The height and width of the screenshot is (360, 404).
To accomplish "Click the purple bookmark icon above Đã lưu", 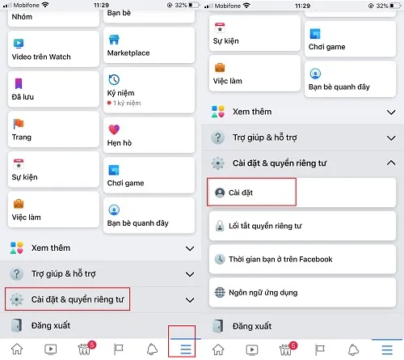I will (19, 83).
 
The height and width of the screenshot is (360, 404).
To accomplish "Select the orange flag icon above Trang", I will (19, 124).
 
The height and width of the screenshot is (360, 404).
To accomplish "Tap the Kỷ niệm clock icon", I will (114, 80).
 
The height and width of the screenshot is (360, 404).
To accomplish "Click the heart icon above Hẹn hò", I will (114, 129).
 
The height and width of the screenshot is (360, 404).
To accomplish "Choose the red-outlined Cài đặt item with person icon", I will (252, 193).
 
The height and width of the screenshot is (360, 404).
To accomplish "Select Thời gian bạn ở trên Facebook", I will (280, 259).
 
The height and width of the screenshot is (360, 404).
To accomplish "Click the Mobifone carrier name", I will (23, 5).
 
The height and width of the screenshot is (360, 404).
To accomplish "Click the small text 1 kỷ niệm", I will (128, 104).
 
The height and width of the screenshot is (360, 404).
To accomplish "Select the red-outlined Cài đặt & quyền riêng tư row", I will (68, 299).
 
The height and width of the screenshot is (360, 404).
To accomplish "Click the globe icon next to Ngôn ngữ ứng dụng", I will (219, 292).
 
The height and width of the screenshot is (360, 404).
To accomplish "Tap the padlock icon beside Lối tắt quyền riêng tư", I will (219, 227).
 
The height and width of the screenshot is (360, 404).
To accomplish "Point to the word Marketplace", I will (128, 53).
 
